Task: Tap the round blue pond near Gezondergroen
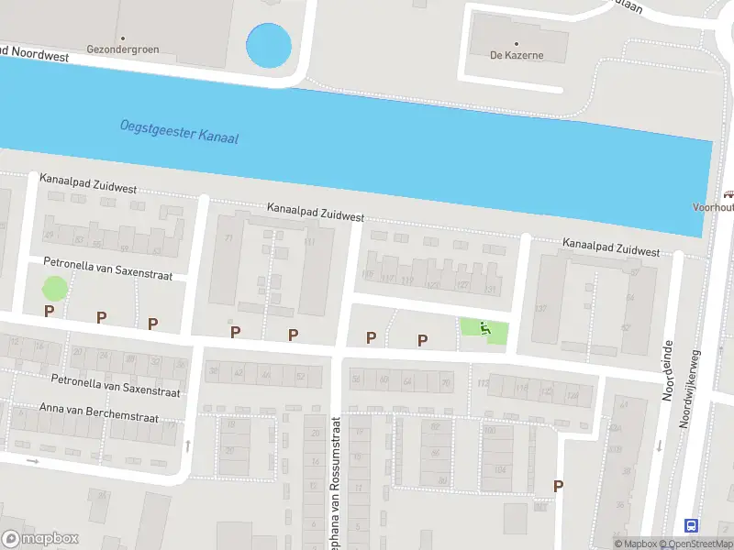click(269, 45)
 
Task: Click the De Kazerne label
click(517, 55)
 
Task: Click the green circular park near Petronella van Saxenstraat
click(55, 288)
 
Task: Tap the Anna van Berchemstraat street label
click(99, 412)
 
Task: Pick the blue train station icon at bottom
click(691, 525)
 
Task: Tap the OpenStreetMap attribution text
click(696, 544)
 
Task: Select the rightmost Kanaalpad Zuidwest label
click(611, 247)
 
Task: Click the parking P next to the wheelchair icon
click(423, 340)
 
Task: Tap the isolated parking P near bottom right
click(557, 486)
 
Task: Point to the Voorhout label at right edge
click(713, 207)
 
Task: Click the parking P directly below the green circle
click(49, 312)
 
